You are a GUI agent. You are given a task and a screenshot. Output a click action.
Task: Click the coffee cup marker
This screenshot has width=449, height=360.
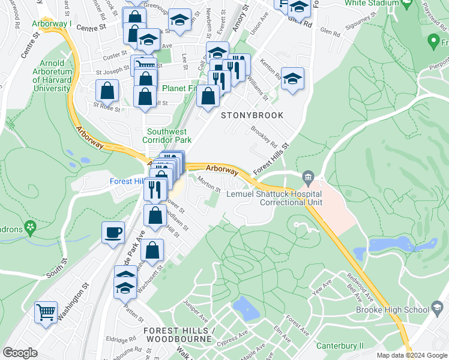(112, 233)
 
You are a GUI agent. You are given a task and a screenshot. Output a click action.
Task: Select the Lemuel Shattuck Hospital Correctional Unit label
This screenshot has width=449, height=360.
(273, 198)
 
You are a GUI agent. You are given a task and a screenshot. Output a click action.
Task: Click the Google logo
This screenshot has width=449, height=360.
(20, 353)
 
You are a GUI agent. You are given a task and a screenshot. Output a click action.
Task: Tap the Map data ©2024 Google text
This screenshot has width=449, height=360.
(411, 355)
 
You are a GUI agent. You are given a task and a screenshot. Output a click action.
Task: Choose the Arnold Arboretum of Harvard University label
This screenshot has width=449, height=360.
(51, 76)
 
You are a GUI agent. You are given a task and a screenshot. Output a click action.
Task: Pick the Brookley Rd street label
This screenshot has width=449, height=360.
(264, 136)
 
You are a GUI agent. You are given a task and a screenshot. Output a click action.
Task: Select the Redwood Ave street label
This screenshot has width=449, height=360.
(360, 287)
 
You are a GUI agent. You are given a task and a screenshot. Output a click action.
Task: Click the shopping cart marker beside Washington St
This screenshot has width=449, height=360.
(46, 313)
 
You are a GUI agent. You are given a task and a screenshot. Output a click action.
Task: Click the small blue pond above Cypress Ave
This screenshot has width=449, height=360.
(244, 308)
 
